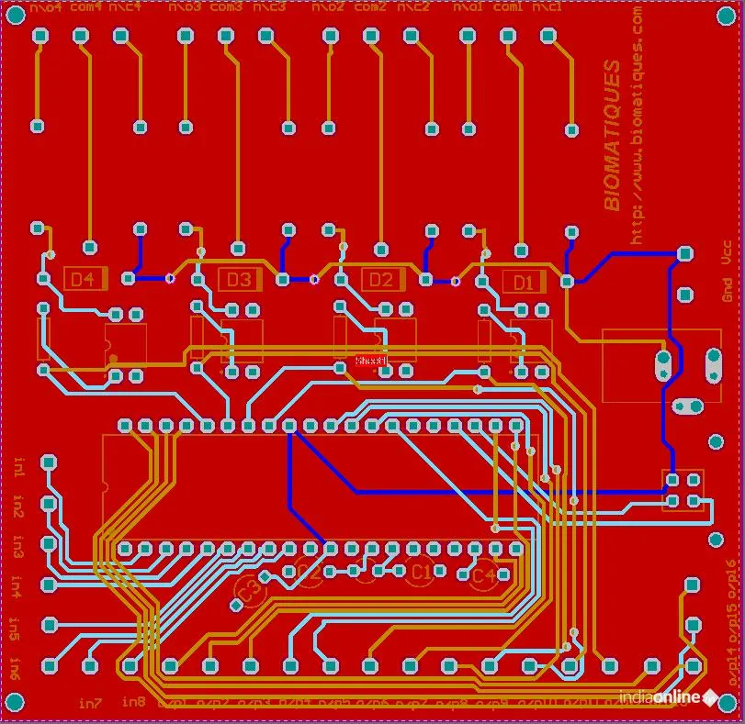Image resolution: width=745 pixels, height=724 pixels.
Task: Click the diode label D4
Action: pos(84,279)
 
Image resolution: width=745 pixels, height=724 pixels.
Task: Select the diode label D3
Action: pos(239,279)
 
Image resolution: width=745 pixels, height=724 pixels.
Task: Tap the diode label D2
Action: pos(381,279)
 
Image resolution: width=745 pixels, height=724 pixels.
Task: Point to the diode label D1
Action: pos(523,281)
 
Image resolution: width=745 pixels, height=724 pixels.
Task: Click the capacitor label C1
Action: pos(421,572)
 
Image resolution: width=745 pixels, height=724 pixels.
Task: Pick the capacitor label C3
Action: pos(246,592)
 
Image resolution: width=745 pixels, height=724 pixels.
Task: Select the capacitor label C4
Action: pos(483,576)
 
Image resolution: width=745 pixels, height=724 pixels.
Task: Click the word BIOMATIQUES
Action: pos(613,135)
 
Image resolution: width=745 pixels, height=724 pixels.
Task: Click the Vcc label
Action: pos(726,252)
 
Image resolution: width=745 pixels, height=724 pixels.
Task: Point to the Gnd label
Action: pos(726,291)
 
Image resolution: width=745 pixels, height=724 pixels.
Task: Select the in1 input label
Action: pos(19,467)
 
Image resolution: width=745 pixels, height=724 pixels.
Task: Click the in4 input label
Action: pos(17,584)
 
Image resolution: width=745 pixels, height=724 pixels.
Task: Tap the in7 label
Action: pos(89,703)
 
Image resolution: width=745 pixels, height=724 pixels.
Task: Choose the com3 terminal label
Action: pos(226,7)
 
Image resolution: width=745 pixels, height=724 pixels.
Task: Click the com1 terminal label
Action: pos(508,7)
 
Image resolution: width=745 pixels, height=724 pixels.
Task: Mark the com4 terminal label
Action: pos(85,7)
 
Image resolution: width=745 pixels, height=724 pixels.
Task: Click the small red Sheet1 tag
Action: pos(371,362)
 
